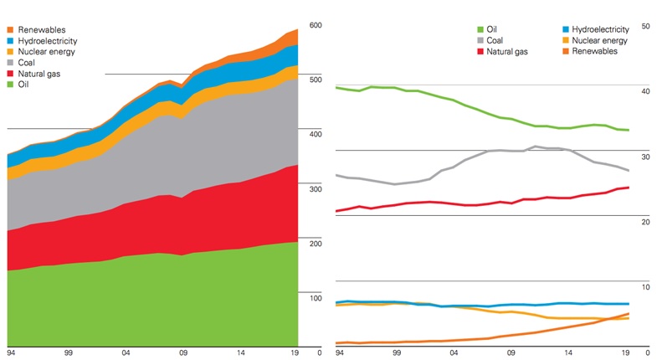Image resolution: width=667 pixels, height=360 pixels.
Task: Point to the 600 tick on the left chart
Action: pos(315,25)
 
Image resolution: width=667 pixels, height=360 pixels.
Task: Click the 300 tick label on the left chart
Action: pos(315,189)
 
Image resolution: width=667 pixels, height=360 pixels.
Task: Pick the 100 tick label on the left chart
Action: pos(315,298)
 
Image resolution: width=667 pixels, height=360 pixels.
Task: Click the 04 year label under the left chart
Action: pos(126,353)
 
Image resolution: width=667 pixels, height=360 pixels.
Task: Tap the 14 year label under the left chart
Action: pos(241,353)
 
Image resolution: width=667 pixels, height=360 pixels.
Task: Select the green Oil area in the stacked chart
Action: pos(151,301)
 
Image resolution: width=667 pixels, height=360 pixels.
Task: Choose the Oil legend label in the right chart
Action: pos(493,29)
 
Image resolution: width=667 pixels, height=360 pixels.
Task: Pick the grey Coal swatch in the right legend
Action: pos(480,40)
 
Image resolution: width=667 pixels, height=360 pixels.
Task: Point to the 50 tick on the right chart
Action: pos(644,26)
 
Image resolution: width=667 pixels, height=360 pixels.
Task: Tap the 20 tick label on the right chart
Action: pos(644,222)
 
